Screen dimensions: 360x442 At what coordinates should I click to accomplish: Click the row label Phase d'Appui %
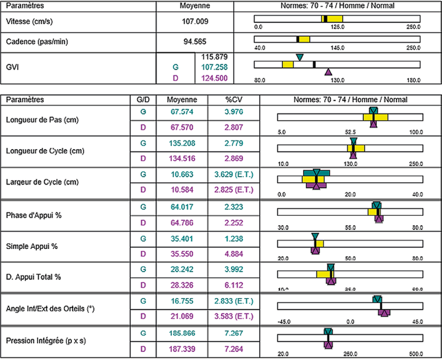[x=34, y=216]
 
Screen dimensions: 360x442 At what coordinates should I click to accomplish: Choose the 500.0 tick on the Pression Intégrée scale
[x=415, y=353]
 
